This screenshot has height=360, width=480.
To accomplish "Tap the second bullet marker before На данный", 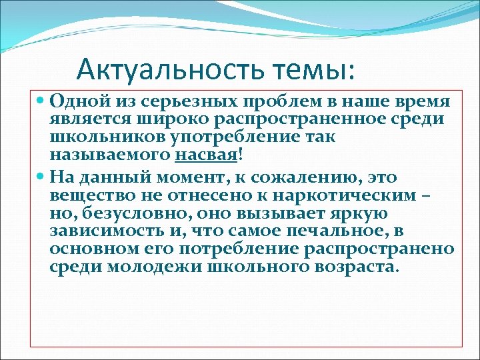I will (x=41, y=178).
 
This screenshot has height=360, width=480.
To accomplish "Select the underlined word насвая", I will (x=207, y=155).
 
